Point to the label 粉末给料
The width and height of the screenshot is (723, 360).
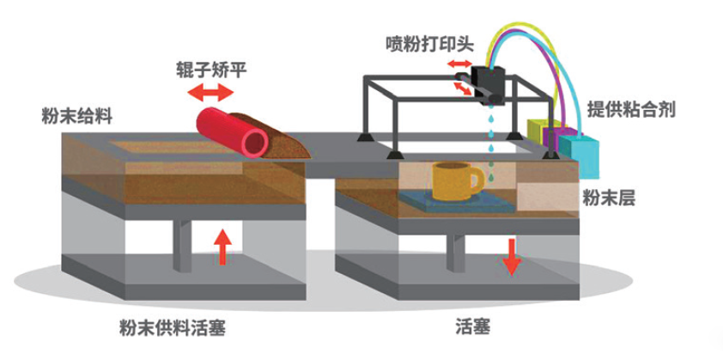tap(76, 115)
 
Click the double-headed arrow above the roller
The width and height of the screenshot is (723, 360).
tap(208, 92)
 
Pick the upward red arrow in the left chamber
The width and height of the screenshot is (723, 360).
tap(222, 246)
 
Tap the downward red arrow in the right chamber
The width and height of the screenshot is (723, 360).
tap(511, 255)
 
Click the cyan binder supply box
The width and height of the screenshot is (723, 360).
tap(590, 149)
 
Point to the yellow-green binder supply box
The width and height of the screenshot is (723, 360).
tap(539, 131)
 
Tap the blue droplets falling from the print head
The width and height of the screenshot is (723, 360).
tap(491, 137)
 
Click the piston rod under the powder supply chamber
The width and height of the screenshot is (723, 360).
tap(183, 245)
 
